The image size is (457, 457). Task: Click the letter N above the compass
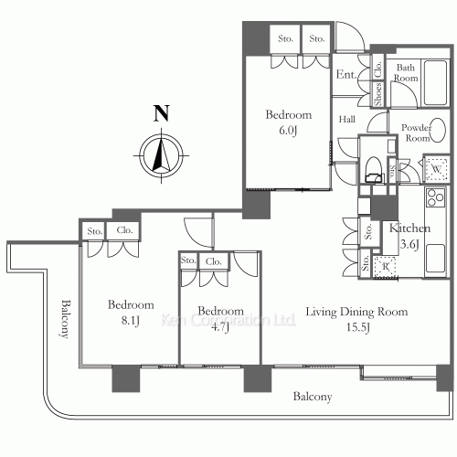point(161,113)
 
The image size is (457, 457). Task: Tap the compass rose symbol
point(161,156)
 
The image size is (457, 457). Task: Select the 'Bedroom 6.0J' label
point(289,122)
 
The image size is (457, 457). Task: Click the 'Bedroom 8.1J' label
point(131,313)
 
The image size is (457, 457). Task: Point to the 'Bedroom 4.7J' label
point(220,319)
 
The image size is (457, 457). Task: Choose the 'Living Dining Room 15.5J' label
point(356,319)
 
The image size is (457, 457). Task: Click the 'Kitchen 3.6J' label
point(409,236)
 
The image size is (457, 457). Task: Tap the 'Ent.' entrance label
point(346,74)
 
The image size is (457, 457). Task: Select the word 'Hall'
point(347,119)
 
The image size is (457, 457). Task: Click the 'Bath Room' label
point(406,72)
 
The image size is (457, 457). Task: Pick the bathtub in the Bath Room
point(436,83)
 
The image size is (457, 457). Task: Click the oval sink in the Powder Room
point(439,130)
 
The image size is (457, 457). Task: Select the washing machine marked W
point(437,169)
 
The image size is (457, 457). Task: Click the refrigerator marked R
point(385,267)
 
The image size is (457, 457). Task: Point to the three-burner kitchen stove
point(436,197)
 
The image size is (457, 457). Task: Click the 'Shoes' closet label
point(377,94)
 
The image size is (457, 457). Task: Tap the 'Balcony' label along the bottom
point(313,397)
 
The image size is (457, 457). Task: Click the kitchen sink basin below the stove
point(436,259)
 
